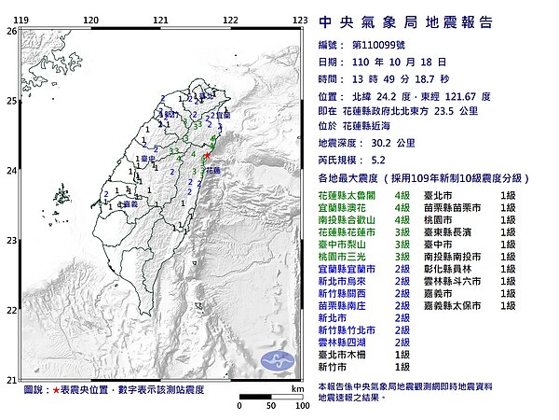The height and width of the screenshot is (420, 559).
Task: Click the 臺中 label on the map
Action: pos(147,161)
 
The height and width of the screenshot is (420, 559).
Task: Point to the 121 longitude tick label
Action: pos(160,20)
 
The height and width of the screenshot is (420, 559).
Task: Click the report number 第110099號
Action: pos(376,44)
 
